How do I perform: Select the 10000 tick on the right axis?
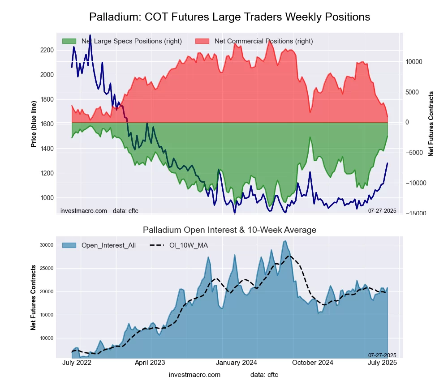tap(414, 62)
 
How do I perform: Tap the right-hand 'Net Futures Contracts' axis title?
tap(431, 124)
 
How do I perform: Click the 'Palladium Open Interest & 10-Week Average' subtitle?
tap(229, 230)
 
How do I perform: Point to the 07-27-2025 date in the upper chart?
tap(382, 210)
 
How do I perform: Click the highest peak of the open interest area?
tap(285, 241)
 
